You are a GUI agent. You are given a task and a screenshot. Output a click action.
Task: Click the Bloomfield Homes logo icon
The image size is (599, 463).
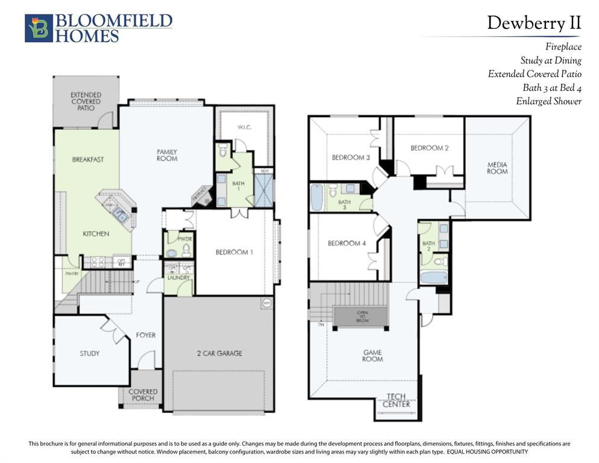pos(39,28)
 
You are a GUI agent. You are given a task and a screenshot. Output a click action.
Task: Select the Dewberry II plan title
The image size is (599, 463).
pos(534,23)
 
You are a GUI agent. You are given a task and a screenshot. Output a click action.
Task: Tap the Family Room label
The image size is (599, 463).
pos(167,155)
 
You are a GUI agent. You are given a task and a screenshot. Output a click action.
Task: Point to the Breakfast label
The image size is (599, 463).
pos(88,160)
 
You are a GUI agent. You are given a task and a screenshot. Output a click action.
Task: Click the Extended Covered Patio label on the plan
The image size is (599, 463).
pos(86,101)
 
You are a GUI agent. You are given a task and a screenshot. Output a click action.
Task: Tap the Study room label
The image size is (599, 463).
pos(90,353)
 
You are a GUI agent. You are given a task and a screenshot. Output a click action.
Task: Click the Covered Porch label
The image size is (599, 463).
pos(143,395)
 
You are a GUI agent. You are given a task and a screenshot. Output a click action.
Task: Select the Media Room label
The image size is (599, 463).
pos(497,168)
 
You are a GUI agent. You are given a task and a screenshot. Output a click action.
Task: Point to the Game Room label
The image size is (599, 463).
pos(372,356)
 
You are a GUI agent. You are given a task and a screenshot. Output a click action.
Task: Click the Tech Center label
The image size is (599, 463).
pos(397,400)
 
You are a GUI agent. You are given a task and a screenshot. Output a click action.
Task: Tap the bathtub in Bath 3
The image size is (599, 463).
pos(317,197)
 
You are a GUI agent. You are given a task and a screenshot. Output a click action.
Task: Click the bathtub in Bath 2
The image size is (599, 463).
pos(433,278)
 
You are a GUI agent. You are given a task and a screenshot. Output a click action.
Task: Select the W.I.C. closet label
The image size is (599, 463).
pos(244,127)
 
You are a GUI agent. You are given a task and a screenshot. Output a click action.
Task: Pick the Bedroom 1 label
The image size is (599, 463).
pos(234,252)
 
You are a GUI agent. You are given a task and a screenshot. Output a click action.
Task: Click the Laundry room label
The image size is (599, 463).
pos(178,277)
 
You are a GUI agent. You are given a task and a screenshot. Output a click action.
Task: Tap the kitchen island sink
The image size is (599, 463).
pos(119,214)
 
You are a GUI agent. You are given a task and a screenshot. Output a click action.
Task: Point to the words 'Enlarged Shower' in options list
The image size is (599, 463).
pos(548,101)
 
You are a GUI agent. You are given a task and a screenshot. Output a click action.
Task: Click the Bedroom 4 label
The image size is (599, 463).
pos(347,244)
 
